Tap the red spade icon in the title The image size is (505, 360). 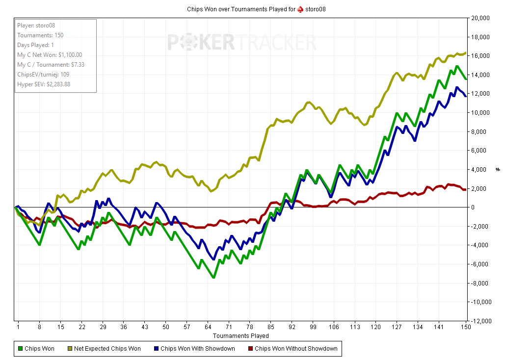pos(300,9)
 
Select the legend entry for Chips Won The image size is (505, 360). pos(36,349)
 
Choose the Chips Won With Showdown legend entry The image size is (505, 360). pos(194,349)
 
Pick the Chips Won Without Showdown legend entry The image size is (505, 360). pos(292,349)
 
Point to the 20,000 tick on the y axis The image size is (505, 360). pos(480,18)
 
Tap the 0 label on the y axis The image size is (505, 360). pos(473,207)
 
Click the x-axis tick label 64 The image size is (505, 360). pos(208,327)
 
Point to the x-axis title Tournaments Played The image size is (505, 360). pos(240,336)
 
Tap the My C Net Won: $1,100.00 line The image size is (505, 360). pos(50,55)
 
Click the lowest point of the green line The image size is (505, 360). pos(213,278)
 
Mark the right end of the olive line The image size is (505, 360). pos(465,53)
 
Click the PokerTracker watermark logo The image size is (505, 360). pos(242,43)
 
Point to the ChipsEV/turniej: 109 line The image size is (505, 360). pos(43,75)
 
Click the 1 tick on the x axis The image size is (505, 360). pos(18,327)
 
